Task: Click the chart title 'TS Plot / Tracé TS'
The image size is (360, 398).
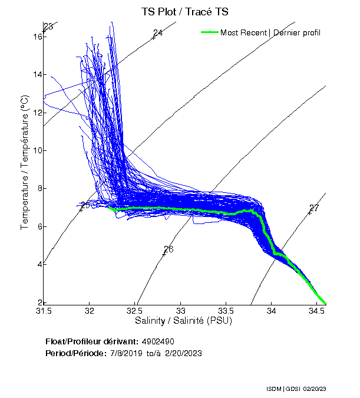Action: click(x=186, y=12)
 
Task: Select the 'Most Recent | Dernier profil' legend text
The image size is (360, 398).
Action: click(x=270, y=32)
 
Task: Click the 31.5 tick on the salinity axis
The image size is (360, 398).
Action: click(x=44, y=310)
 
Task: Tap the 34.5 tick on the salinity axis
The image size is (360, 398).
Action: click(x=317, y=310)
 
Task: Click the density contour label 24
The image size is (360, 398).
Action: click(x=158, y=33)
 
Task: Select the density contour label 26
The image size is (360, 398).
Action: click(x=169, y=249)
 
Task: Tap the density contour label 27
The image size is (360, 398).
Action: click(x=314, y=208)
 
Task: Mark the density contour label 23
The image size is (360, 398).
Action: click(x=48, y=27)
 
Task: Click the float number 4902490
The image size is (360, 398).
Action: click(x=158, y=341)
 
